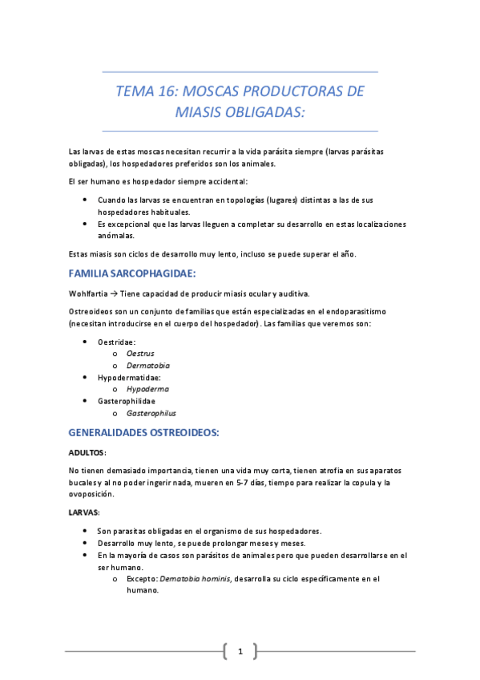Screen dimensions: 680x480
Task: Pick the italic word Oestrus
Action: pyautogui.click(x=140, y=353)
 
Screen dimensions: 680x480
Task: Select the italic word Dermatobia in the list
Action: pyautogui.click(x=148, y=365)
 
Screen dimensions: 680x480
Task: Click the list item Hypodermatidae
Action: pyautogui.click(x=129, y=377)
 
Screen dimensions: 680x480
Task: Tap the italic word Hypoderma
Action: pyautogui.click(x=147, y=389)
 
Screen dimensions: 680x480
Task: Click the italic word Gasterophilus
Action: pyautogui.click(x=151, y=413)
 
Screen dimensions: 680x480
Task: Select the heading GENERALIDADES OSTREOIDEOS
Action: pyautogui.click(x=143, y=432)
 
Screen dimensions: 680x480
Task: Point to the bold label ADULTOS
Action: pyautogui.click(x=87, y=452)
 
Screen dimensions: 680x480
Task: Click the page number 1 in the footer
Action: pyautogui.click(x=240, y=651)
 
